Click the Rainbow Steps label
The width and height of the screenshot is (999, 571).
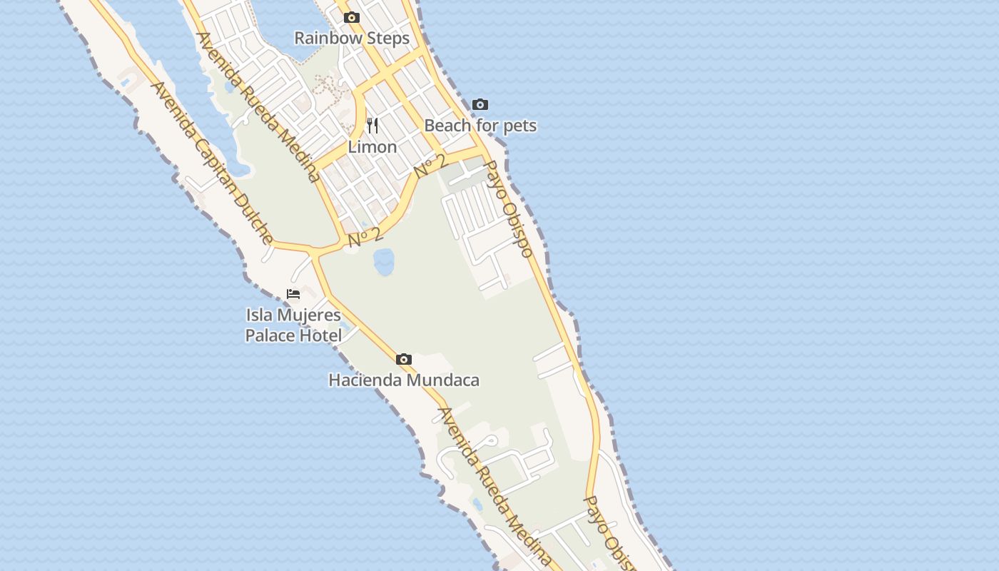pyautogui.click(x=352, y=39)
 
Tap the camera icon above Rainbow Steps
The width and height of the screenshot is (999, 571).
pyautogui.click(x=351, y=18)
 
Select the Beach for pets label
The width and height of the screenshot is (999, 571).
pyautogui.click(x=480, y=126)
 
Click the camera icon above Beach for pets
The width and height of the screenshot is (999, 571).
pyautogui.click(x=480, y=105)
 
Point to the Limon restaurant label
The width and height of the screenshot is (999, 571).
pyautogui.click(x=372, y=147)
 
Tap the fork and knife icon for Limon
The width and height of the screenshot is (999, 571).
pyautogui.click(x=372, y=126)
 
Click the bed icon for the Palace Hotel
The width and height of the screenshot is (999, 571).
pyautogui.click(x=293, y=294)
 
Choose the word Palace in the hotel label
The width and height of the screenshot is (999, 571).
pyautogui.click(x=271, y=335)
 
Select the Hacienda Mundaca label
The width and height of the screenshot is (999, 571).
pyautogui.click(x=404, y=380)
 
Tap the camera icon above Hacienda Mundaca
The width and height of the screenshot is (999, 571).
pyautogui.click(x=404, y=359)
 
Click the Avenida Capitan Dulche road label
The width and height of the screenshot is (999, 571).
pyautogui.click(x=212, y=163)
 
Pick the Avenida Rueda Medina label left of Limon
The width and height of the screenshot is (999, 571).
pyautogui.click(x=258, y=107)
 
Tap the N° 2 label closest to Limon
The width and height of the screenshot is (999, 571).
pyautogui.click(x=430, y=166)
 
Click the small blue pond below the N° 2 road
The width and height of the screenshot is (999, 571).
pyautogui.click(x=384, y=261)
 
